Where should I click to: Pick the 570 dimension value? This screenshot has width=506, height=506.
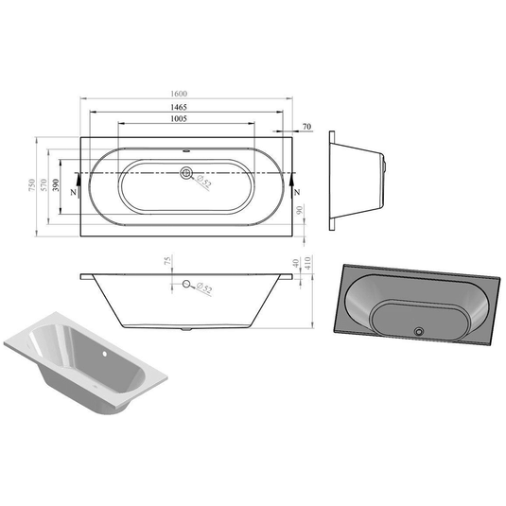point(45,183)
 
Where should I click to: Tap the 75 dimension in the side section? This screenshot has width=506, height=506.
point(166,262)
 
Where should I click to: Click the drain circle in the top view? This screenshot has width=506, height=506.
point(186,173)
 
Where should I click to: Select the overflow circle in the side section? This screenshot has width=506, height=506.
point(187,285)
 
